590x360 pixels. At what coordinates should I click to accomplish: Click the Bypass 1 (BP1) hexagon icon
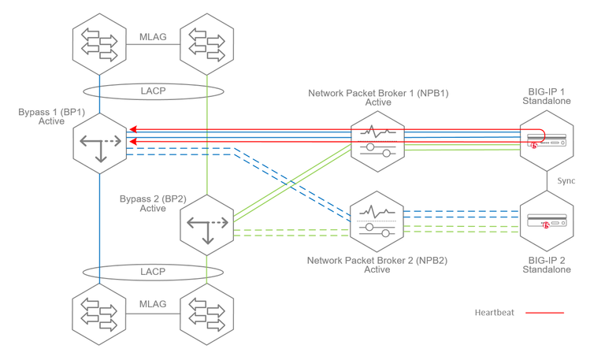[x=100, y=143]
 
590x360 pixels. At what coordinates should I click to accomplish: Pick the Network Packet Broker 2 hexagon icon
[x=377, y=222]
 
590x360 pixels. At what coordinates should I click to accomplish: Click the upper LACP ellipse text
[x=153, y=91]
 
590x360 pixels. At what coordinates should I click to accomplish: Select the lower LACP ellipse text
[x=153, y=272]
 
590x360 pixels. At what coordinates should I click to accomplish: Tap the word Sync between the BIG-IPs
[x=566, y=181]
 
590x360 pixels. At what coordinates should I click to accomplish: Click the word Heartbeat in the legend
[x=494, y=313]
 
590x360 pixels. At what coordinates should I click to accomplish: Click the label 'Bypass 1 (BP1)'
[x=51, y=113]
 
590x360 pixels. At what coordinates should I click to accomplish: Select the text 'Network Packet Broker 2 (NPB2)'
[x=377, y=259]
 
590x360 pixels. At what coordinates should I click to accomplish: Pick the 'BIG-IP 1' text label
[x=547, y=92]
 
